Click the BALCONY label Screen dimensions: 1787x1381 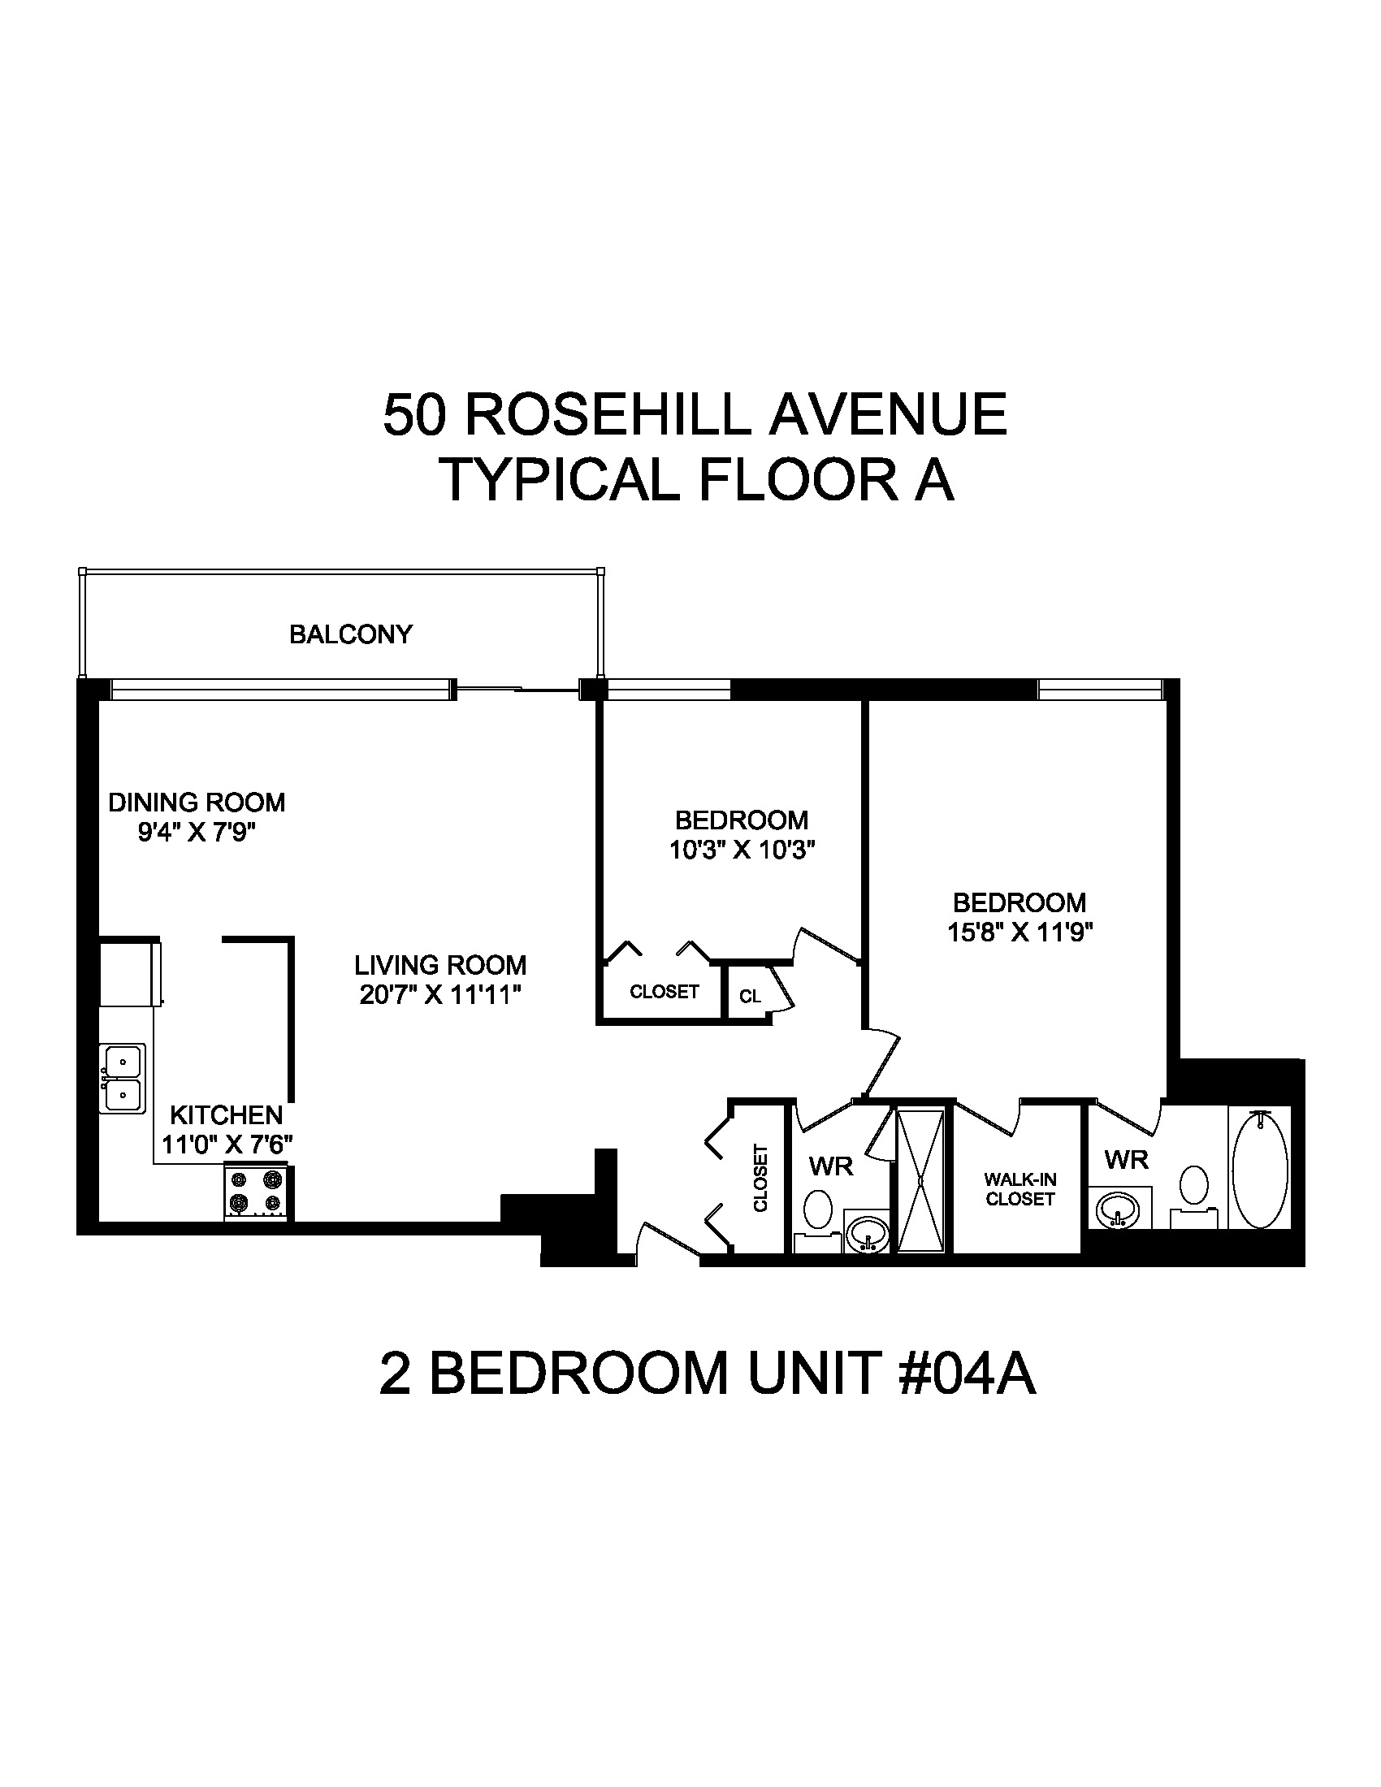pos(350,634)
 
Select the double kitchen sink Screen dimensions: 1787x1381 pos(122,1079)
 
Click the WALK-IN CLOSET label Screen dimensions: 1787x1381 pos(1020,1189)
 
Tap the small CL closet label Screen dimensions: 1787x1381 pos(750,996)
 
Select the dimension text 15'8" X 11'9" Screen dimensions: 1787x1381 pos(1020,932)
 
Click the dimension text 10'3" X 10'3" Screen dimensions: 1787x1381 pos(742,851)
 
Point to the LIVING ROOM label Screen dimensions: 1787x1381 pos(440,965)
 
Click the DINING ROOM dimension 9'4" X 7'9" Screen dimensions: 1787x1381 pos(197,833)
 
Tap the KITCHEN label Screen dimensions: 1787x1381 pos(226,1114)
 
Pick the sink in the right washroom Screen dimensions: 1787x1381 pos(1118,1208)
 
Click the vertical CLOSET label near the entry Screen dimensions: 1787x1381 pos(760,1179)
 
